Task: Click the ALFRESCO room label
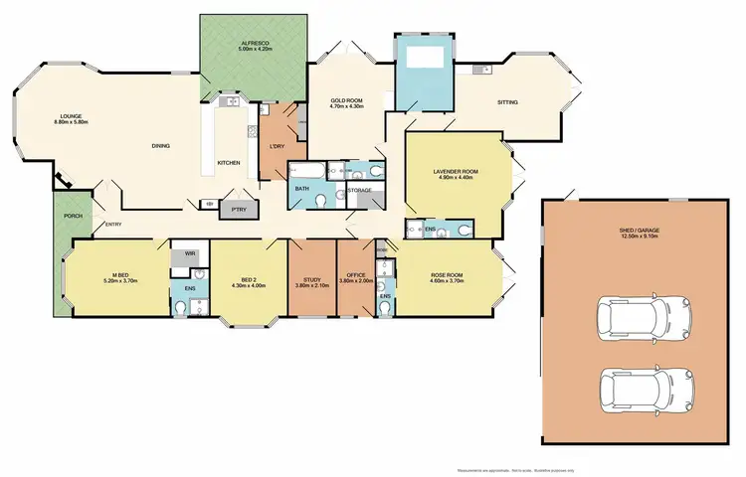[x=236, y=43]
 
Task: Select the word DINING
[x=161, y=146]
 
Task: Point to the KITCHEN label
[x=228, y=162]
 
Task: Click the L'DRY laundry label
[x=277, y=147]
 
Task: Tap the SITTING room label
[x=510, y=102]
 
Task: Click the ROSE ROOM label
[x=448, y=277]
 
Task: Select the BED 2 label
[x=248, y=282]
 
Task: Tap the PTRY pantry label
[x=238, y=210]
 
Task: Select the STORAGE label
[x=359, y=189]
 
